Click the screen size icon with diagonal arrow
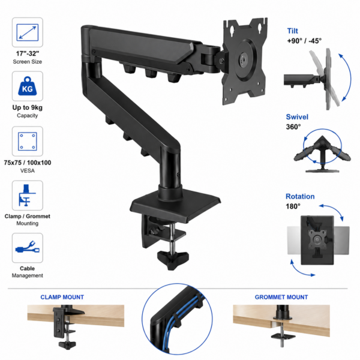(x=28, y=32)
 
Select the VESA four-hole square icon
(x=28, y=141)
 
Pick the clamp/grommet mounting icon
(x=27, y=195)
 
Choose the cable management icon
(x=28, y=247)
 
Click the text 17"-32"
(x=28, y=53)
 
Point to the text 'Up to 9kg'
(x=28, y=107)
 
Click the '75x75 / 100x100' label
(x=28, y=163)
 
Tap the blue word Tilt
(x=293, y=31)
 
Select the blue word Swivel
(x=297, y=117)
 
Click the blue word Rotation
(x=300, y=196)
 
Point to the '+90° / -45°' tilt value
(x=304, y=41)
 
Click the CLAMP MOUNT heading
(x=62, y=297)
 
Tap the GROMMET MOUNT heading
(x=281, y=297)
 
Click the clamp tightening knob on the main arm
(x=173, y=259)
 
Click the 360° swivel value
(x=293, y=127)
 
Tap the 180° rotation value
(x=293, y=206)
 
